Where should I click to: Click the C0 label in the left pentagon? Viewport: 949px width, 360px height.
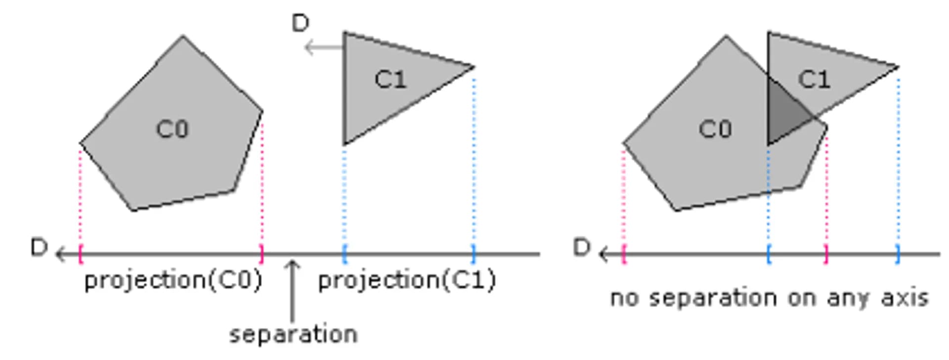click(172, 129)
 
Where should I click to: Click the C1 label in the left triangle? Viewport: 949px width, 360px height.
click(390, 79)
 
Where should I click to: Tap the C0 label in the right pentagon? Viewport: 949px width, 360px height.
click(715, 129)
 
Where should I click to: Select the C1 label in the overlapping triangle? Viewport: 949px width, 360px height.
click(814, 79)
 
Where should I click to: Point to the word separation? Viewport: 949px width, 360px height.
click(293, 335)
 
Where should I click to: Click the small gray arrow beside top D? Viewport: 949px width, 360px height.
click(324, 48)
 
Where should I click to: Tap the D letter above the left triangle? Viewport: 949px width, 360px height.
click(301, 23)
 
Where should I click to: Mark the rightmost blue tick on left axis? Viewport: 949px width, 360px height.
click(474, 254)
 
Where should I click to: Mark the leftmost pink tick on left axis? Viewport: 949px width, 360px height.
click(81, 254)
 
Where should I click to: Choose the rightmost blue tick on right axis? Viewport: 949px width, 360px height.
click(898, 254)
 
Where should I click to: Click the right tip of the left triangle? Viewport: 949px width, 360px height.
click(474, 67)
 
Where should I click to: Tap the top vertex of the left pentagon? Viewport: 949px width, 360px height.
click(183, 36)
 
